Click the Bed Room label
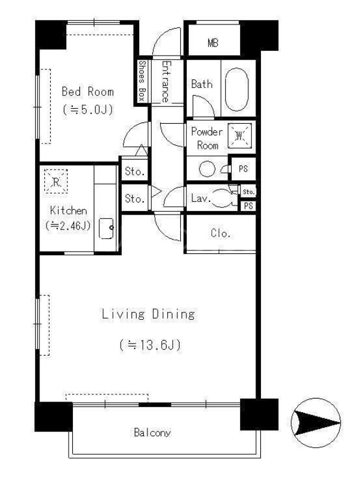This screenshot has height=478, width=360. (88, 91)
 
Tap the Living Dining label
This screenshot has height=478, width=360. (148, 314)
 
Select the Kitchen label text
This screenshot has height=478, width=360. (68, 210)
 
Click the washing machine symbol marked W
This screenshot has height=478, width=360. (240, 136)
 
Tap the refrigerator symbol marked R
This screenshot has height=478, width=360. (56, 182)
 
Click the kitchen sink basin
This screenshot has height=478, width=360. (106, 228)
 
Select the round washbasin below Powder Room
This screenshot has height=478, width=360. (207, 168)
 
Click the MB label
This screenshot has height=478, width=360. (213, 43)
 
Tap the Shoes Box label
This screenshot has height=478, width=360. (142, 81)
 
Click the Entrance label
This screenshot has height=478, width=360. (165, 81)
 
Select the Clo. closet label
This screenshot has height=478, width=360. (220, 234)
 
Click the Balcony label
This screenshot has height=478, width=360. (152, 432)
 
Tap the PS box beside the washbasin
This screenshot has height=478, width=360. (243, 168)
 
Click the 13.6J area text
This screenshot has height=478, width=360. (150, 345)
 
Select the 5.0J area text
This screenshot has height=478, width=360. (88, 109)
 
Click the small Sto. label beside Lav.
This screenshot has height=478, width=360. (248, 192)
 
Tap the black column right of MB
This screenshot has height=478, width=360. (259, 35)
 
